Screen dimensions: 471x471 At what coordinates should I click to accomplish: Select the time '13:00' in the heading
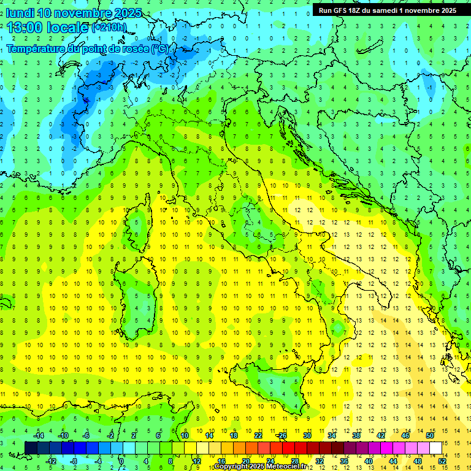[x=25, y=28]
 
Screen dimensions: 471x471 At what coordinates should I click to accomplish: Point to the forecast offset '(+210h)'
[x=109, y=28]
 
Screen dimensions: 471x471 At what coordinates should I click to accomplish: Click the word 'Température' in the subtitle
[x=36, y=48]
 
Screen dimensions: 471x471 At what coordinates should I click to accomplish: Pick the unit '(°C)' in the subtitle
[x=159, y=48]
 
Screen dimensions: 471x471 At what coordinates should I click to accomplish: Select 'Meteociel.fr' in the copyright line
[x=281, y=467]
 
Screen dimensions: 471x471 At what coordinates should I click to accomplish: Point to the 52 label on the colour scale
[x=442, y=461]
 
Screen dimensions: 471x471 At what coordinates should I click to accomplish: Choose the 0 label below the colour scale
[x=121, y=461]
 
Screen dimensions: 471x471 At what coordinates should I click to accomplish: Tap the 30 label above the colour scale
[x=307, y=435]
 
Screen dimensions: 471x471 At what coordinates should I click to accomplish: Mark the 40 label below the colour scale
[x=368, y=461]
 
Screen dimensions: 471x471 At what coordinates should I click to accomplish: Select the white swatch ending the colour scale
[x=435, y=448]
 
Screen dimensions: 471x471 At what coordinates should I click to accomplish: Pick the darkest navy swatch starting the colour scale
[x=31, y=448]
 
